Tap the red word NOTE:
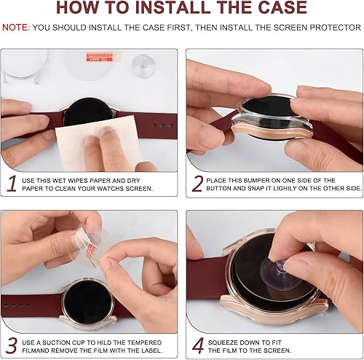tap(16, 28)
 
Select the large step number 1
tap(12, 184)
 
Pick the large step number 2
tap(197, 184)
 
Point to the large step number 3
tap(12, 345)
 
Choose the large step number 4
tap(198, 345)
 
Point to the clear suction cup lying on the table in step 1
tap(144, 66)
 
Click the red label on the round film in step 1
tap(100, 58)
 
